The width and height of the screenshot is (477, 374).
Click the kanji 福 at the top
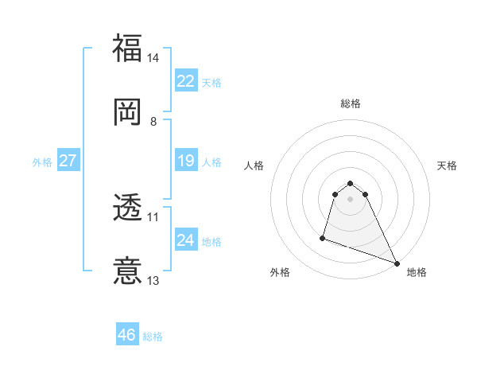pyautogui.click(x=127, y=48)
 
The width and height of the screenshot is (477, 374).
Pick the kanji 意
pyautogui.click(x=127, y=271)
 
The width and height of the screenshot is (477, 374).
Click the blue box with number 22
pyautogui.click(x=185, y=81)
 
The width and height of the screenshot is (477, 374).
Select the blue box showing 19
pyautogui.click(x=185, y=162)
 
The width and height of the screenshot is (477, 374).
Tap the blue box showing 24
pyautogui.click(x=185, y=240)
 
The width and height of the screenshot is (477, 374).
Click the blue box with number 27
pyautogui.click(x=68, y=161)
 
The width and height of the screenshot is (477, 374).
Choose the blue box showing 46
pyautogui.click(x=126, y=335)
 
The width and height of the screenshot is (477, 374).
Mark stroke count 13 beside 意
pyautogui.click(x=153, y=280)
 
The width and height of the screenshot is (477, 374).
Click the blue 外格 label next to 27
pyautogui.click(x=42, y=162)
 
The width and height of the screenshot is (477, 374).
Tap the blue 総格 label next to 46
pyautogui.click(x=153, y=337)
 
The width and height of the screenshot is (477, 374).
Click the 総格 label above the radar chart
pyautogui.click(x=351, y=103)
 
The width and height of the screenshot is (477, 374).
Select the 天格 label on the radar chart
pyautogui.click(x=447, y=166)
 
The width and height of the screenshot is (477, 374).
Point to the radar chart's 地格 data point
pyautogui.click(x=396, y=263)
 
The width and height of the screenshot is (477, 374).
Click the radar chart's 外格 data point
pyautogui.click(x=323, y=237)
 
